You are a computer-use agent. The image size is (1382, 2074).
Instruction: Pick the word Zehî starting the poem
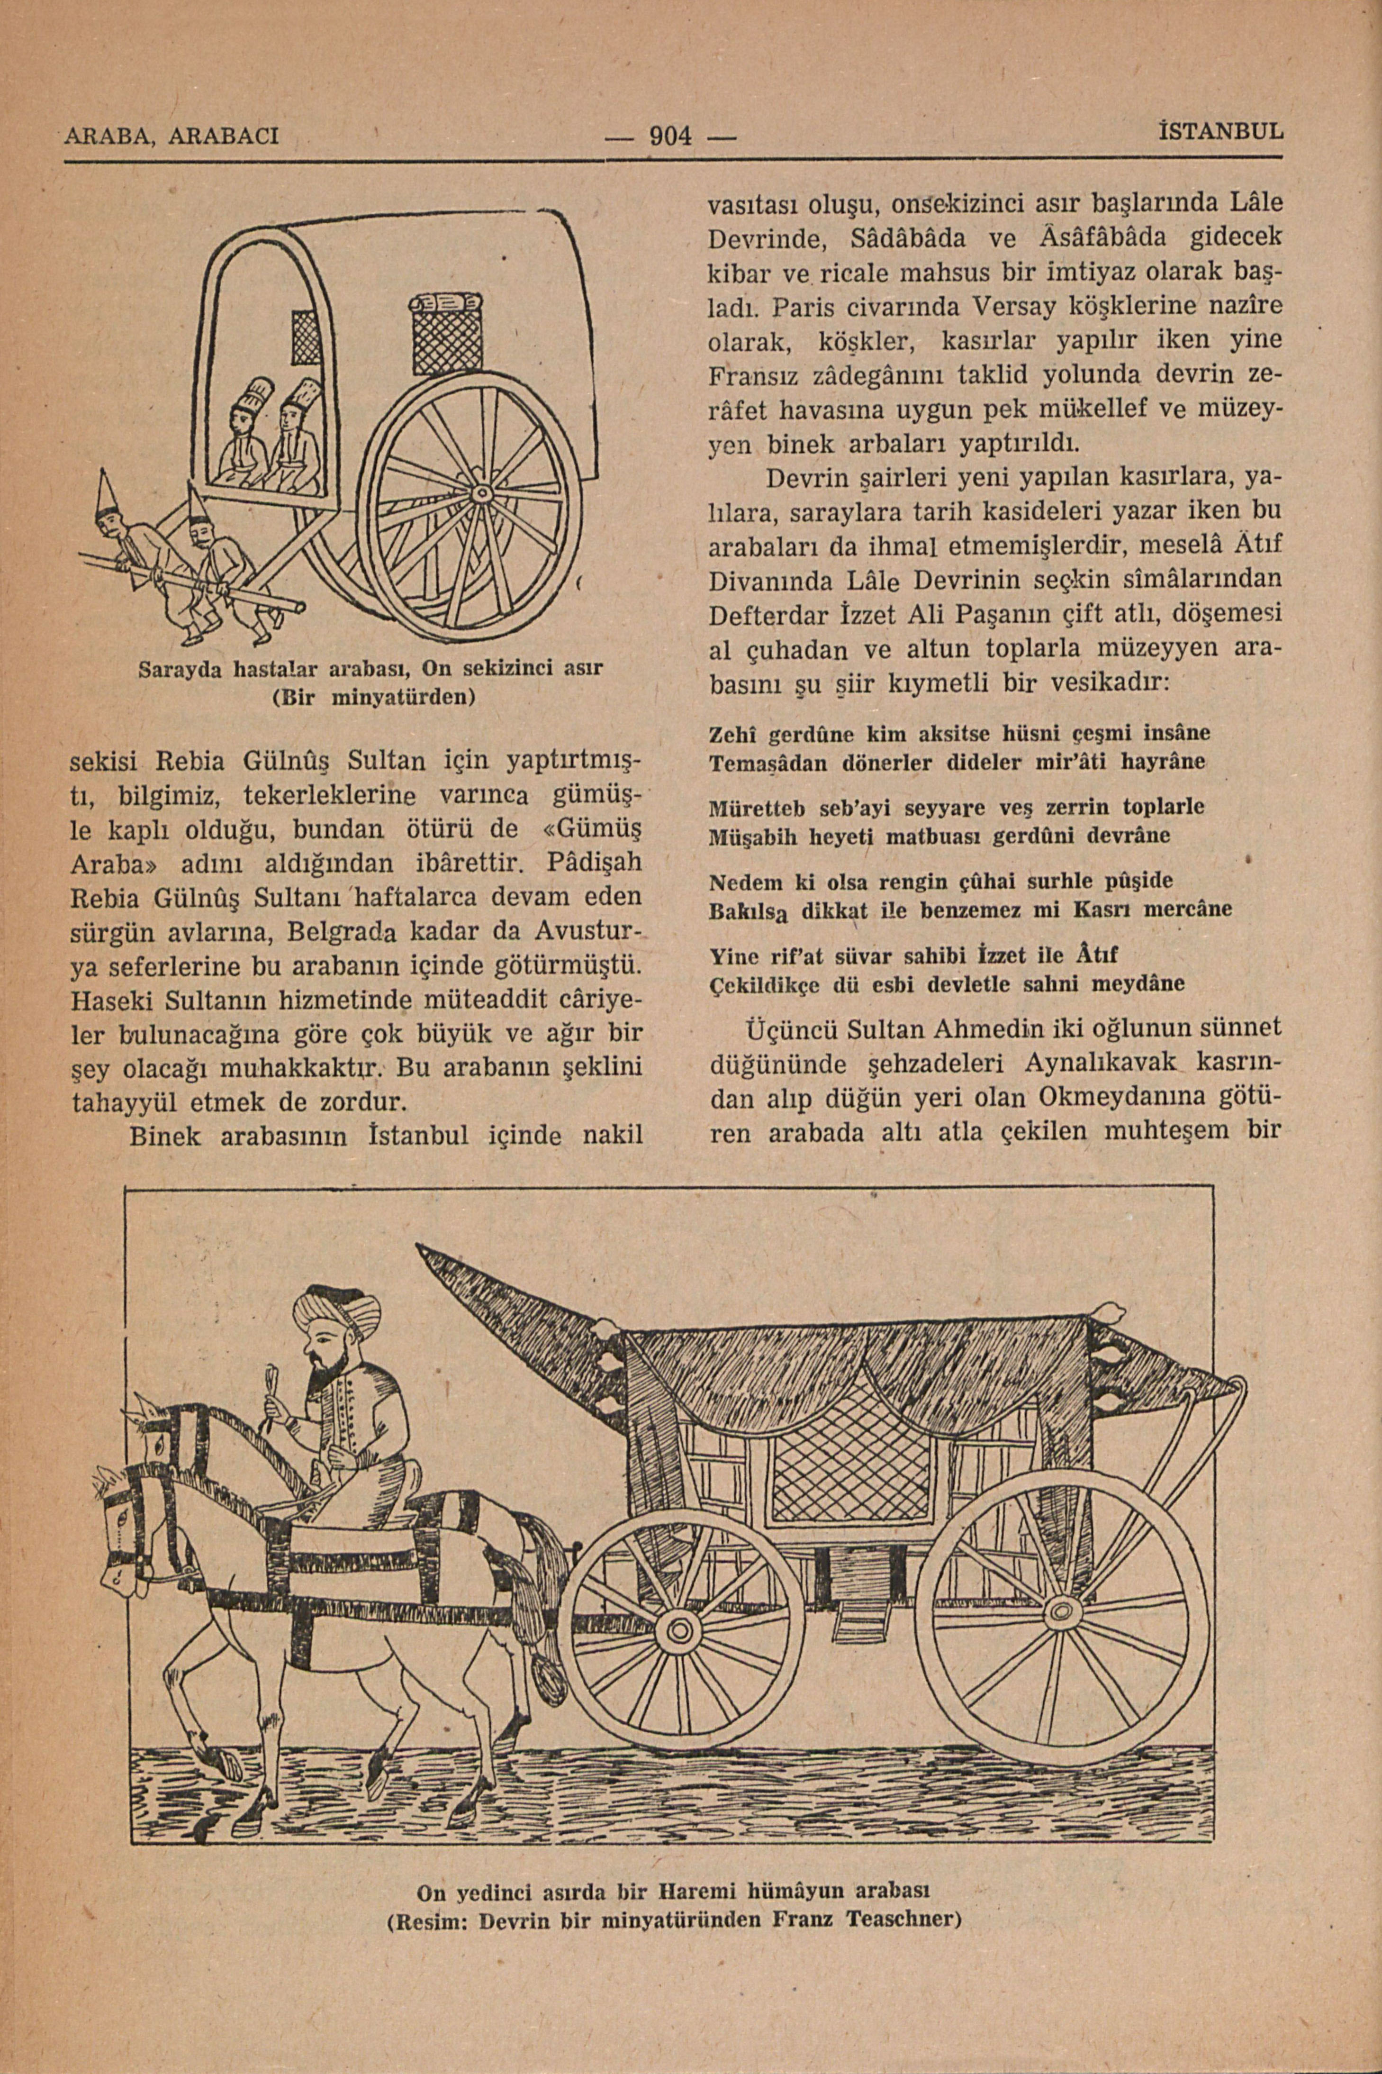(x=733, y=733)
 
